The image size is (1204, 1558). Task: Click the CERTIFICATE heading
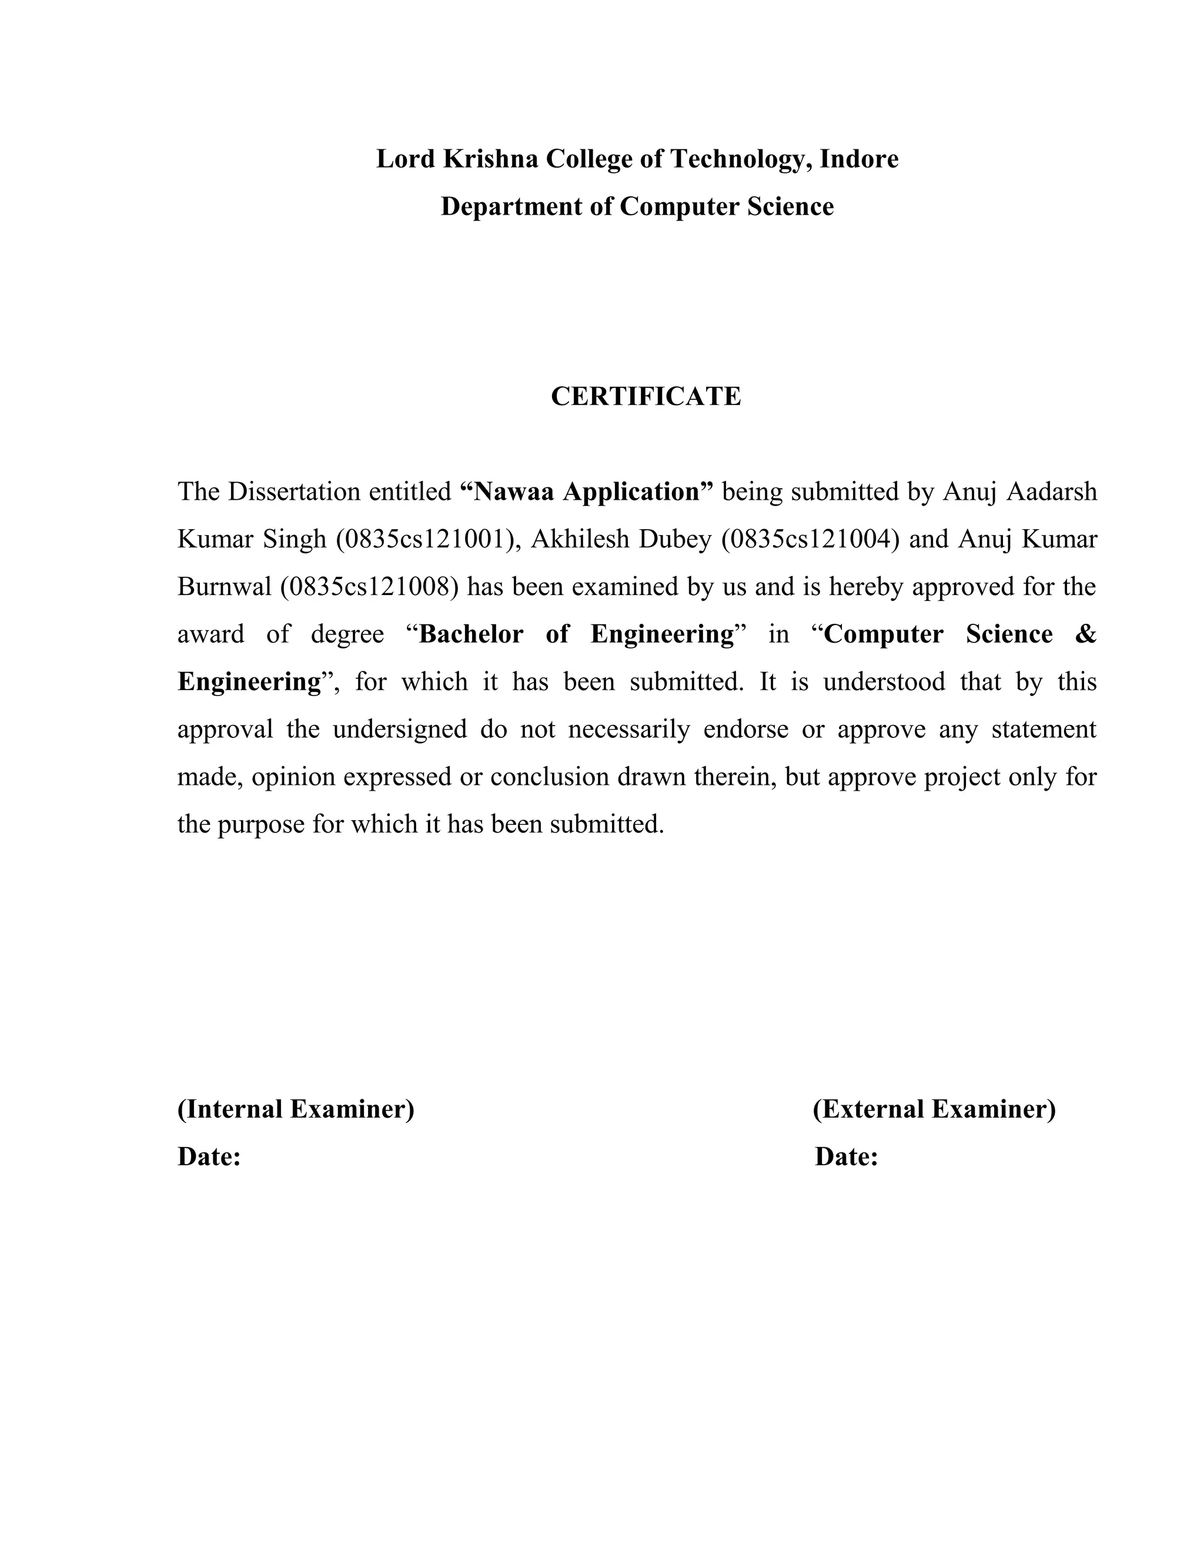tap(646, 397)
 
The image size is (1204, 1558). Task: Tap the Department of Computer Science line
tap(637, 206)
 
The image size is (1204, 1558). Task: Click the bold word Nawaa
tap(514, 492)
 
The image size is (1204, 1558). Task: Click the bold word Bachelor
tap(471, 634)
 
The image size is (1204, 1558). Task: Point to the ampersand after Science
tap(1084, 634)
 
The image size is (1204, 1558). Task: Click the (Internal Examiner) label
tap(295, 1109)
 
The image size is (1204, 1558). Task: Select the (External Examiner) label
tap(934, 1109)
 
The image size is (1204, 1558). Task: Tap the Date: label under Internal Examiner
tap(209, 1156)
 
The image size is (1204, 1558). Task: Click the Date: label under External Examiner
tap(846, 1156)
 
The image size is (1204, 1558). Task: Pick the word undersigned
tap(399, 729)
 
